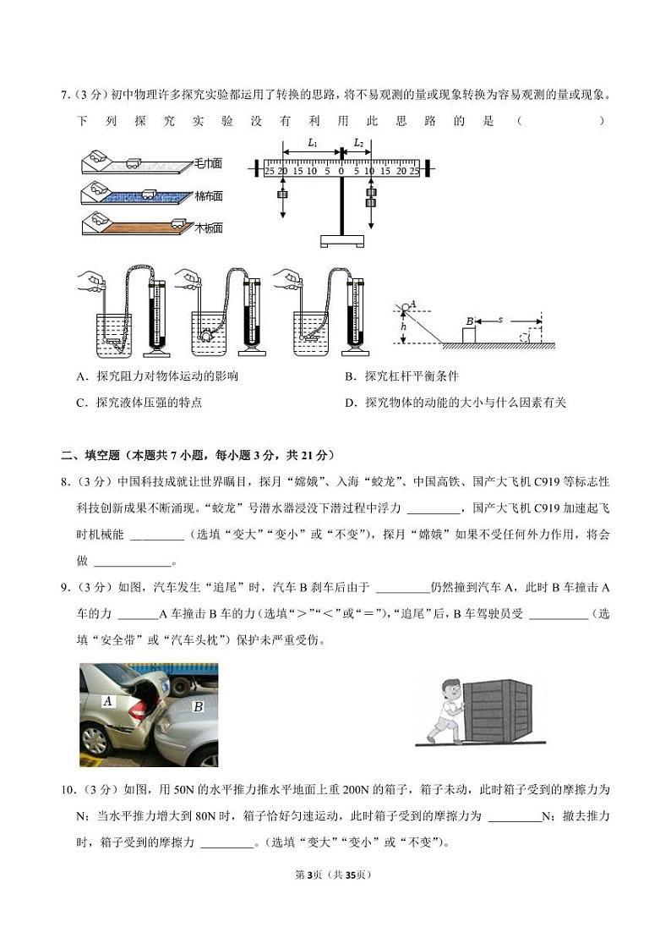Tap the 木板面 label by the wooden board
pyautogui.click(x=207, y=228)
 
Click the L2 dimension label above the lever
pyautogui.click(x=358, y=143)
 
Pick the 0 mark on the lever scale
pyautogui.click(x=341, y=171)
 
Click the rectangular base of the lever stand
pyautogui.click(x=341, y=240)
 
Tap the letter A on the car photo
pyautogui.click(x=107, y=700)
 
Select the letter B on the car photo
pyautogui.click(x=198, y=706)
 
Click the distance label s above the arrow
pyautogui.click(x=500, y=320)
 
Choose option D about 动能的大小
pyautogui.click(x=456, y=403)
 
